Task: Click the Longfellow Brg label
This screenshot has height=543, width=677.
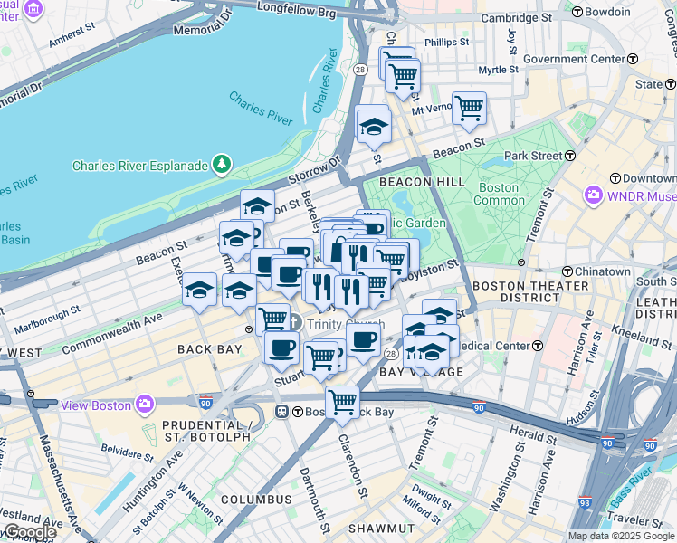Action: (x=284, y=13)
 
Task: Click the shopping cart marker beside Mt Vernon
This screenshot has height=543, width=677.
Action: (x=469, y=108)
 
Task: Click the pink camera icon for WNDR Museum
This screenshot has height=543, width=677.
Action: (x=594, y=195)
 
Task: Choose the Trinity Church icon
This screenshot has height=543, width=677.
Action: (x=295, y=324)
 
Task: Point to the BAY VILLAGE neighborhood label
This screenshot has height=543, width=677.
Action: (x=408, y=372)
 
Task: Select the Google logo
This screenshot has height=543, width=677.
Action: (x=29, y=532)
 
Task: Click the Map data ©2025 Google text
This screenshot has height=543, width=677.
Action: (x=621, y=536)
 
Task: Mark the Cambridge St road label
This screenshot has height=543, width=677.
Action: (x=516, y=17)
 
